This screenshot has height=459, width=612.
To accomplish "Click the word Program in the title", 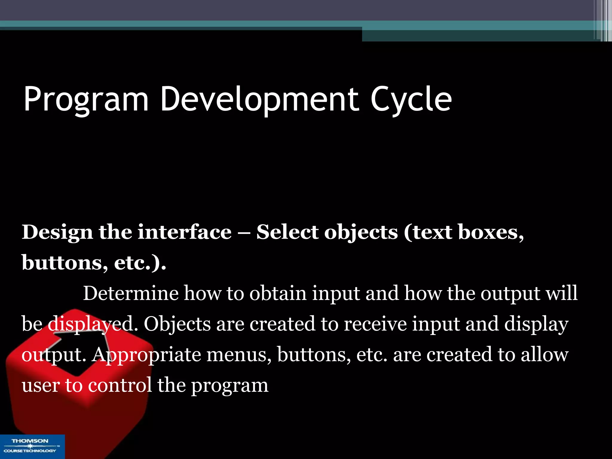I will click(x=86, y=100).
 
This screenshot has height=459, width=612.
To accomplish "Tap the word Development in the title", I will click(x=259, y=100).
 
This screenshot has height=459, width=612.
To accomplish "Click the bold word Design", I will click(x=57, y=232).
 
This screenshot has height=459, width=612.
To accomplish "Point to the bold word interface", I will click(x=184, y=232).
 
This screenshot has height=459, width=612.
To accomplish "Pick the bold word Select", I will click(x=288, y=232).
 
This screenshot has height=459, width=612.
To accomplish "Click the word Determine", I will click(x=131, y=293).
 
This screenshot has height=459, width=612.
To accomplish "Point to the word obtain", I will click(x=278, y=293).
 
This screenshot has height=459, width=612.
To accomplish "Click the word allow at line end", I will click(x=544, y=354).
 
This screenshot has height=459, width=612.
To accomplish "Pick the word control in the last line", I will click(x=120, y=385).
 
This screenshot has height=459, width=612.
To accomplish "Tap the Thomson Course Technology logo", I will click(x=32, y=446).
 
